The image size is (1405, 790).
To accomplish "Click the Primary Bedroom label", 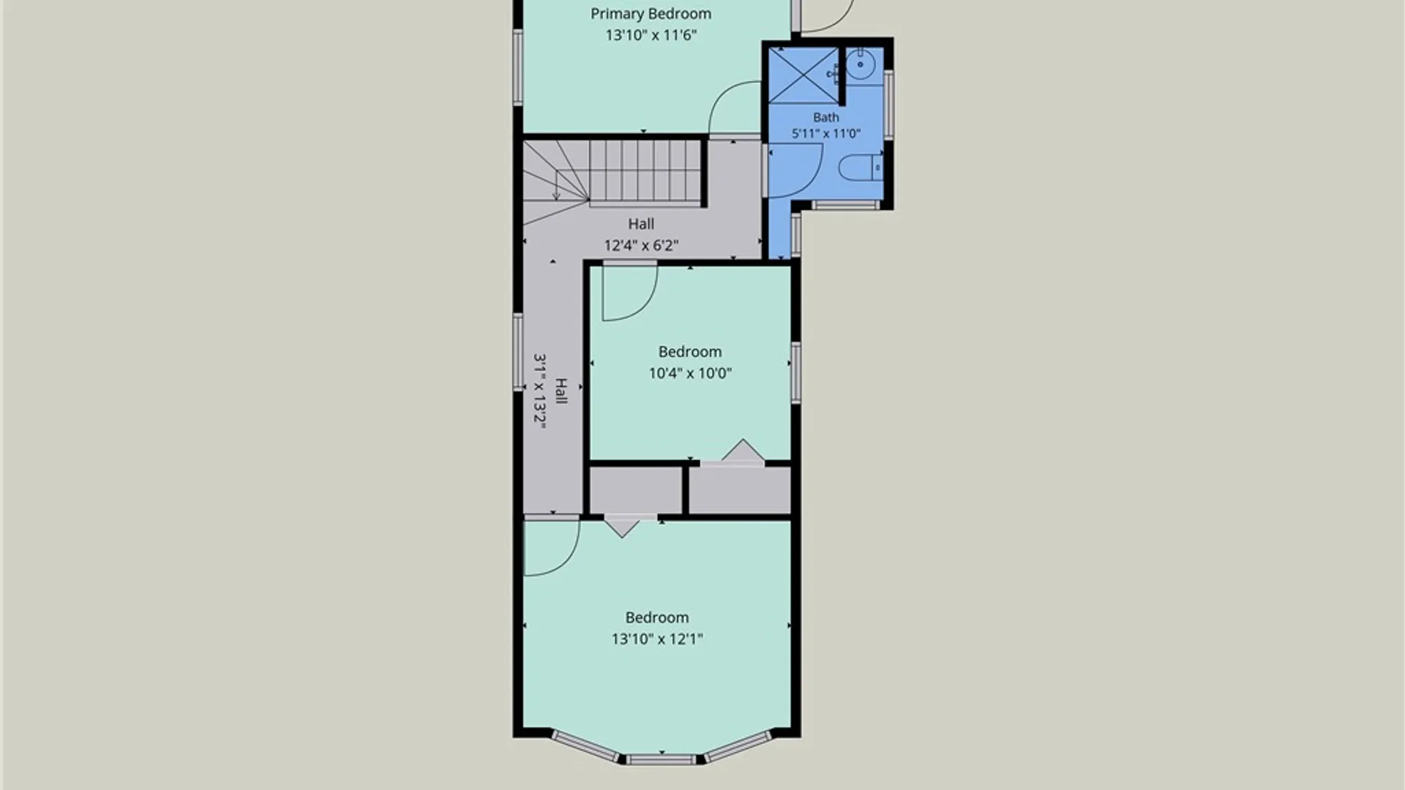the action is [x=651, y=14].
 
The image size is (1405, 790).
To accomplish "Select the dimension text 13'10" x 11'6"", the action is [x=651, y=34].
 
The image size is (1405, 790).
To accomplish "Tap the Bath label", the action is [x=825, y=117].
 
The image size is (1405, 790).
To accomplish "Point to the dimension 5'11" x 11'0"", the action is [x=825, y=133].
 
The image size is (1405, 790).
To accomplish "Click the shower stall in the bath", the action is [x=803, y=75].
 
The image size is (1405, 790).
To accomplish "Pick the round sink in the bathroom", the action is [x=861, y=65].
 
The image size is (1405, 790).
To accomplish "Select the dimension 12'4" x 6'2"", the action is [x=641, y=245].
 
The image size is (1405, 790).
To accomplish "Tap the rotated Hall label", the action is [x=561, y=391].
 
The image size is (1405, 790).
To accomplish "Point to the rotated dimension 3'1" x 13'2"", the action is [x=540, y=391].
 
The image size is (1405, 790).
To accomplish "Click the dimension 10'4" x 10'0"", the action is [x=690, y=373].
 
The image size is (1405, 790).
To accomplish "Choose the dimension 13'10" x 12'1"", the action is [x=657, y=639].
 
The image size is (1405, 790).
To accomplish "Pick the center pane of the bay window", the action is [x=661, y=760].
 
